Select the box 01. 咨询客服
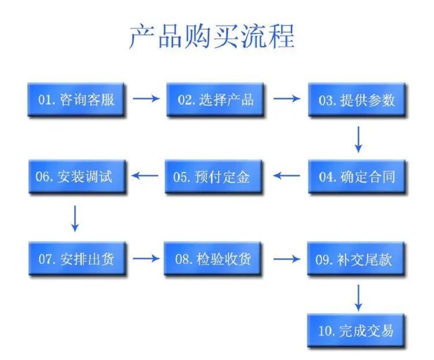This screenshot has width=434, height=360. click(x=76, y=100)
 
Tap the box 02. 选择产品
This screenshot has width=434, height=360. click(x=215, y=100)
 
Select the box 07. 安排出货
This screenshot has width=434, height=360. click(x=76, y=259)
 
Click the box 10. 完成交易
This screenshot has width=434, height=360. click(x=356, y=331)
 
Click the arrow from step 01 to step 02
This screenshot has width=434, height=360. click(x=146, y=99)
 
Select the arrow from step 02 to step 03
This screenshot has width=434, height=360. click(x=287, y=99)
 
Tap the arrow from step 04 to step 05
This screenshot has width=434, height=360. click(x=287, y=175)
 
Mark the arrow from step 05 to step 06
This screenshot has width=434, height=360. click(x=147, y=175)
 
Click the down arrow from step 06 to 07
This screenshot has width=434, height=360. click(x=75, y=218)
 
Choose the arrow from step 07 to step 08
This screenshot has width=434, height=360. click(x=146, y=258)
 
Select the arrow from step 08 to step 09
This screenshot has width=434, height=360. click(x=287, y=258)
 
